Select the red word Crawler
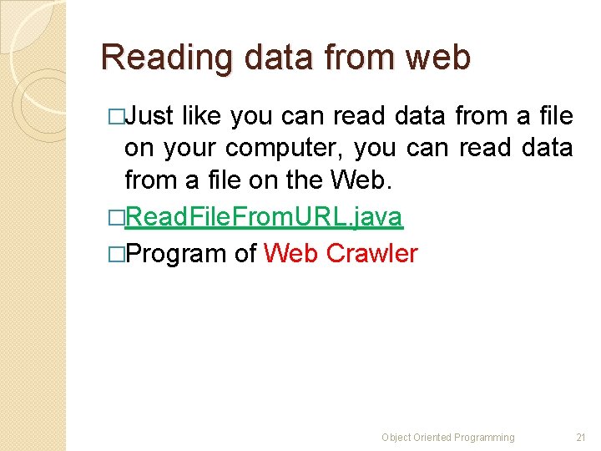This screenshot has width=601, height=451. tap(371, 253)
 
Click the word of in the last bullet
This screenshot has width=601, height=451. tap(245, 253)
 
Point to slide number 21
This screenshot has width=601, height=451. tap(581, 437)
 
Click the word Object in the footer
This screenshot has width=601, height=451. tap(396, 437)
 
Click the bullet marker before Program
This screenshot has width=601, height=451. tap(115, 254)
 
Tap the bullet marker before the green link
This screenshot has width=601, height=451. tap(115, 218)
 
